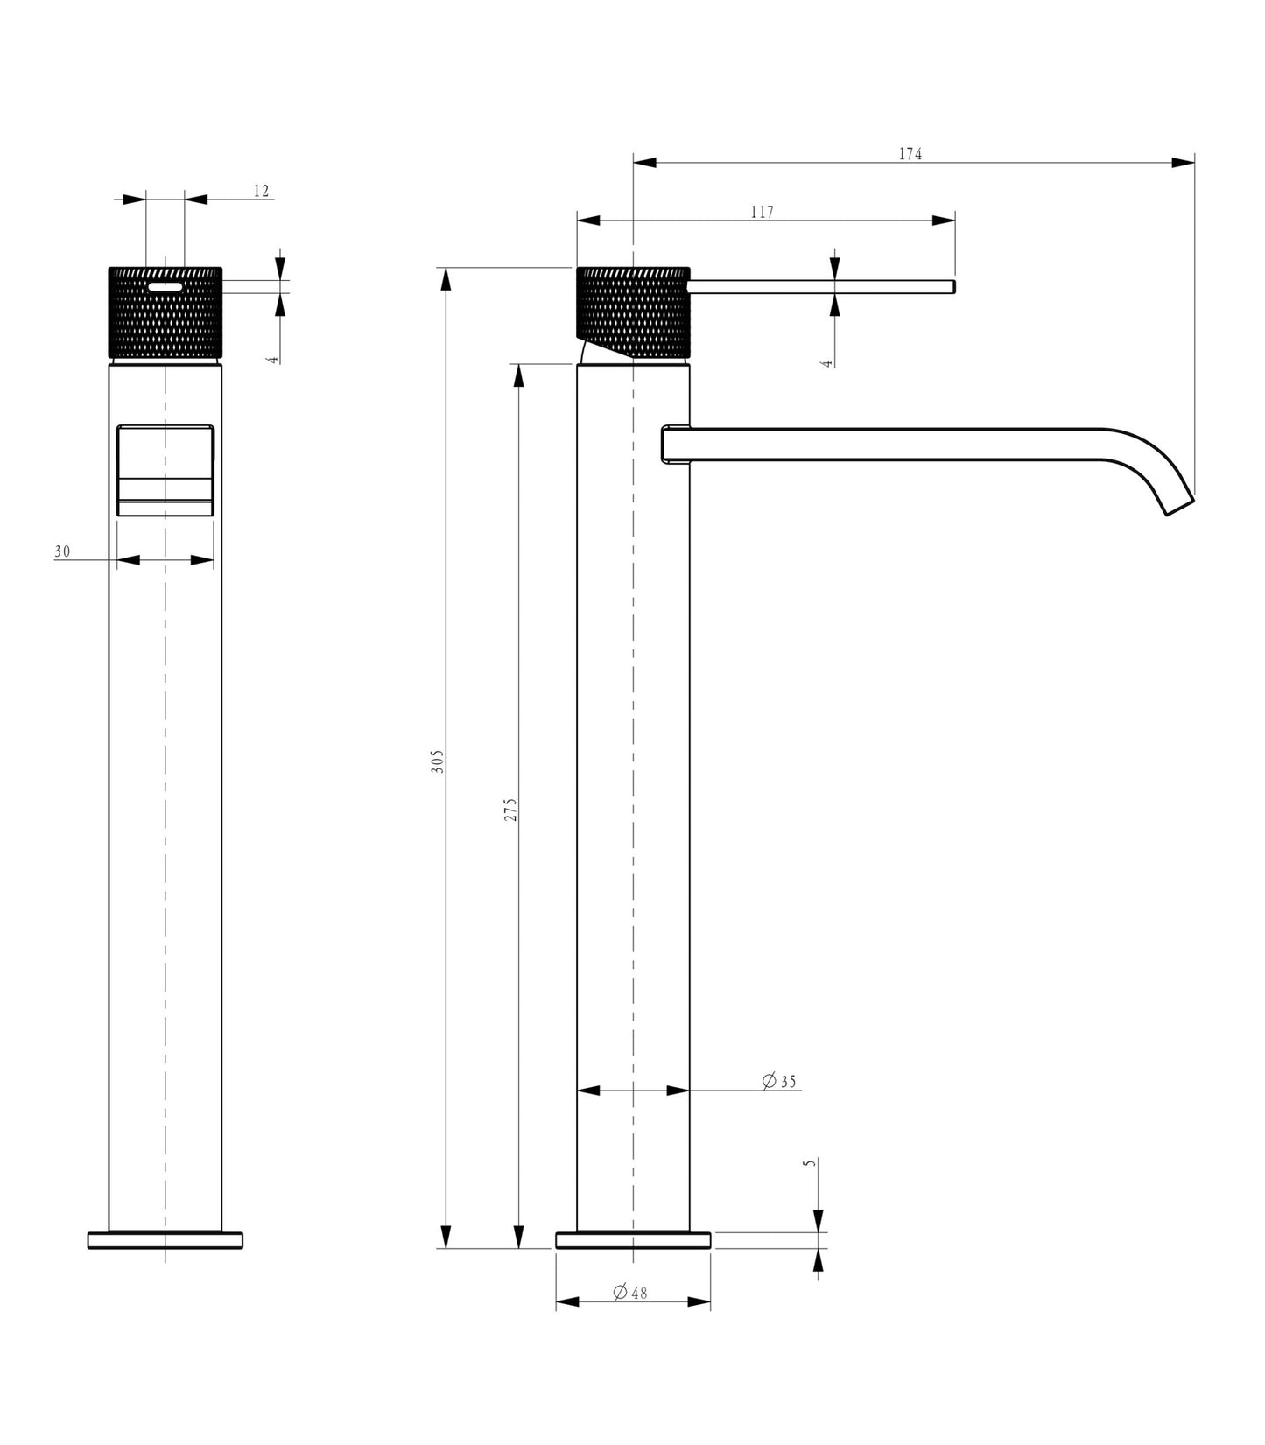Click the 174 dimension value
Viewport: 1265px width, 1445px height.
coord(910,154)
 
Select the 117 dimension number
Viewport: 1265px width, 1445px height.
coord(763,212)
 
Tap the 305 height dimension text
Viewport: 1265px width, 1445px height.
coord(439,761)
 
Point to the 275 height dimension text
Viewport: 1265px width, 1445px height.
coord(511,809)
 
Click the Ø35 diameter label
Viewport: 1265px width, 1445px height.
coord(779,1082)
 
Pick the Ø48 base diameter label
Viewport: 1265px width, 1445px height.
coord(630,1292)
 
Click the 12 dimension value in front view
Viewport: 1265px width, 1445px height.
coord(261,191)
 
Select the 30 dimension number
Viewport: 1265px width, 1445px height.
coord(62,551)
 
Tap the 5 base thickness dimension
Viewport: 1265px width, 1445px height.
coord(810,1163)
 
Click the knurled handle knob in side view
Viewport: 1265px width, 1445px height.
coord(633,313)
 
